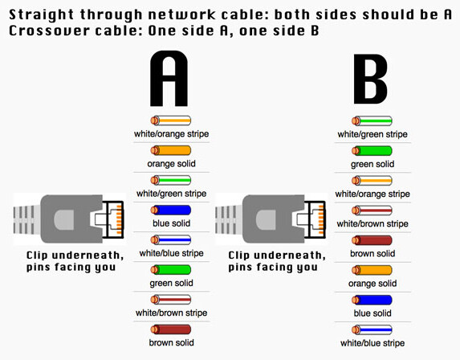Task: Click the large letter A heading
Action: (x=169, y=79)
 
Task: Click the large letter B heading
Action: (x=371, y=79)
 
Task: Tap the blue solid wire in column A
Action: (x=171, y=210)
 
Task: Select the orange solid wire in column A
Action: (x=171, y=150)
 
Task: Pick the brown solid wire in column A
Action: (x=171, y=329)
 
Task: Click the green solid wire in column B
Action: (x=372, y=151)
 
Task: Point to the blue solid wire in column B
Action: (x=372, y=300)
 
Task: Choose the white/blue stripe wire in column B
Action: (x=372, y=329)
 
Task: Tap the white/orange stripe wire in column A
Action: (x=171, y=121)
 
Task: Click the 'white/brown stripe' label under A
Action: (x=171, y=313)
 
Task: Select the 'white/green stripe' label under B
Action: (x=372, y=134)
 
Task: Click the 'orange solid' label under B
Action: (x=372, y=284)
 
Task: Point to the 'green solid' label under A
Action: (x=171, y=283)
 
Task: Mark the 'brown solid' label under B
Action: (x=372, y=253)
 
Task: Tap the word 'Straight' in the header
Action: (x=42, y=15)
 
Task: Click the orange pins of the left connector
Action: (x=119, y=219)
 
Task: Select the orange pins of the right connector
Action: (x=321, y=219)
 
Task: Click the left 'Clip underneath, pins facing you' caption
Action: (x=75, y=261)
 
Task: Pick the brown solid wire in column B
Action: (x=372, y=240)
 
